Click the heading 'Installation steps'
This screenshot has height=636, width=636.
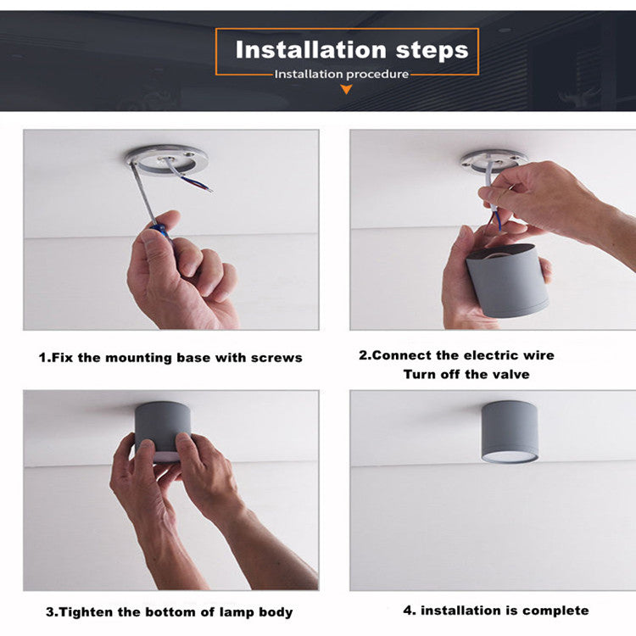pos(352,50)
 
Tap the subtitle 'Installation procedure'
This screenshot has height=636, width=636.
pos(342,75)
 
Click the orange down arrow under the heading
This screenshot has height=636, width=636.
pos(346,89)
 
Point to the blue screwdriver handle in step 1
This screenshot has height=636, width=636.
pos(159,231)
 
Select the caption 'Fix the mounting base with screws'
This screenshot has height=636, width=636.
pos(177,358)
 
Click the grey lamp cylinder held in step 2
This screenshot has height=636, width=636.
pos(507,281)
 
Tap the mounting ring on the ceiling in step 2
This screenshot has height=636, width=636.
pos(494,160)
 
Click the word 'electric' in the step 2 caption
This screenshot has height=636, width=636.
pos(490,355)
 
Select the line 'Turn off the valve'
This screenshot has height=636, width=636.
pos(466,374)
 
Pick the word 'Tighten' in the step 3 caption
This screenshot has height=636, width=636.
pos(86,611)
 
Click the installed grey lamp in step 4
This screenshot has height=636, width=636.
pos(510,432)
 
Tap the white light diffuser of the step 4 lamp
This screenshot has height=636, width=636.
pos(510,458)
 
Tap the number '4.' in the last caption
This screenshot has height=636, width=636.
pos(410,611)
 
